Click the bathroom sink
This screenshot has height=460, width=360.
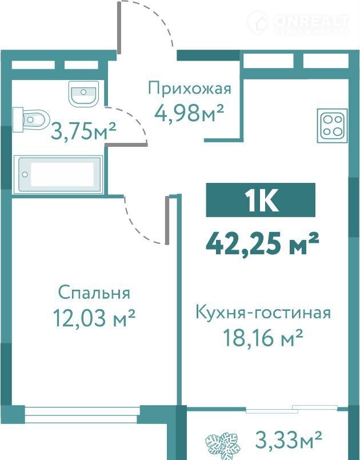tap(83, 93)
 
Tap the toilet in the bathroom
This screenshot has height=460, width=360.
tap(31, 119)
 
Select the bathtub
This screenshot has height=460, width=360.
tap(58, 174)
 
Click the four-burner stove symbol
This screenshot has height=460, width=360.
tap(332, 126)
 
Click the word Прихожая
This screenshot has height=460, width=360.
tap(190, 89)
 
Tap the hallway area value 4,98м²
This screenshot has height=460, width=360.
tap(189, 113)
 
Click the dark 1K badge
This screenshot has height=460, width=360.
tap(261, 200)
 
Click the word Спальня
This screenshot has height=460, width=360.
tap(94, 293)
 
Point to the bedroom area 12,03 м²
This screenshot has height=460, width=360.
tap(94, 318)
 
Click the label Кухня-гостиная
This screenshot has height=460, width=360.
tap(263, 313)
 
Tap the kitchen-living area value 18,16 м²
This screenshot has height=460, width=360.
tap(263, 337)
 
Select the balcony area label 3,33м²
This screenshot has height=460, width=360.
tap(289, 439)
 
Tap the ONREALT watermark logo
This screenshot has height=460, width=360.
tap(298, 23)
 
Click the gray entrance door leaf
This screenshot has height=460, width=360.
tap(119, 27)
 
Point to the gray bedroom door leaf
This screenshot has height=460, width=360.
tap(167, 220)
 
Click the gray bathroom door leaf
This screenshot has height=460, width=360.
tap(126, 145)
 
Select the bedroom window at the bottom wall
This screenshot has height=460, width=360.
tap(82, 415)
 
